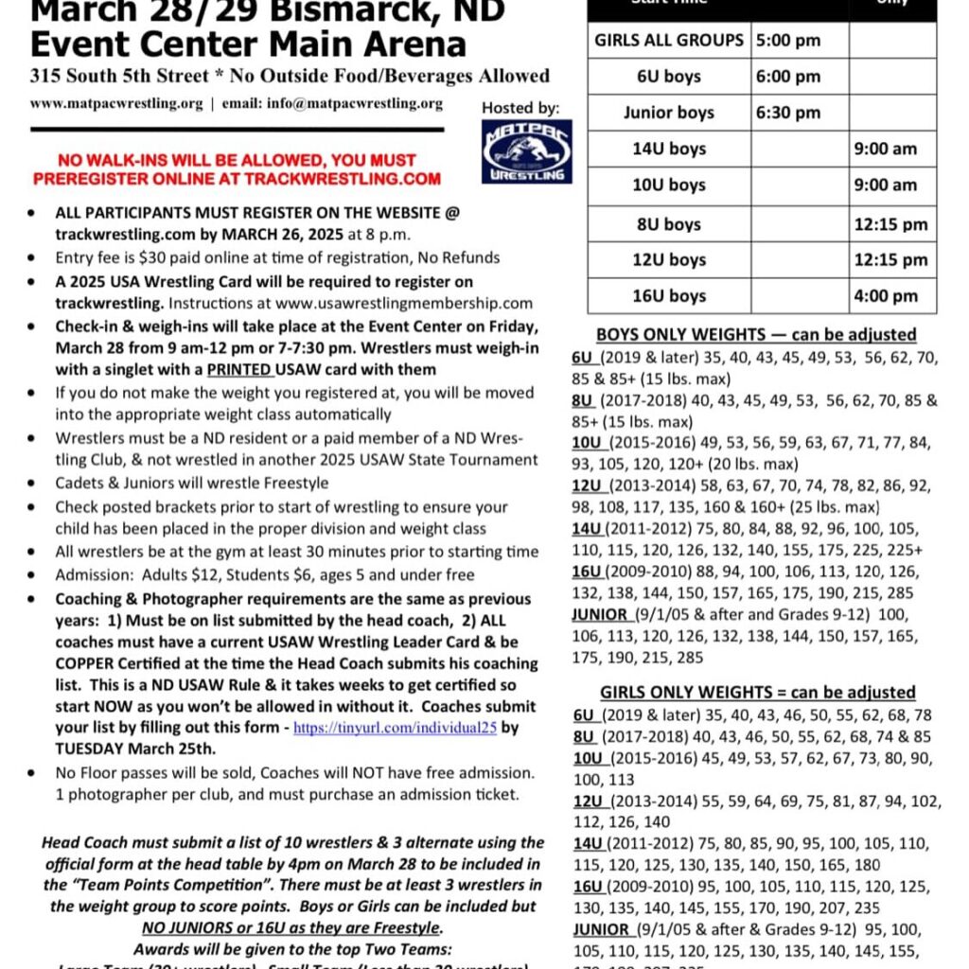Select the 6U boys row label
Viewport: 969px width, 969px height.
pos(669,77)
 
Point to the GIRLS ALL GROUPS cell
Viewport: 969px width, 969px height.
pos(669,41)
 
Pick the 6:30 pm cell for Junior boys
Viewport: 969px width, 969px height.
pos(787,113)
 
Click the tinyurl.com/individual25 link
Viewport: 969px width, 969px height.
pos(395,729)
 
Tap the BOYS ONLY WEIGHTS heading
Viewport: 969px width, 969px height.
pos(755,334)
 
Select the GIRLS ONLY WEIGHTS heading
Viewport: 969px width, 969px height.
pos(757,693)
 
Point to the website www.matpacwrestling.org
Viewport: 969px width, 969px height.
pos(116,104)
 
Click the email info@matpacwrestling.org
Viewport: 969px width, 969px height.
pos(332,104)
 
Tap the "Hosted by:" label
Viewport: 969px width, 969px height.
pos(520,108)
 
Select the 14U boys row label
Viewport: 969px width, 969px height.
pos(669,149)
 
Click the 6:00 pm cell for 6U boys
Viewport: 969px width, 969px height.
pos(787,77)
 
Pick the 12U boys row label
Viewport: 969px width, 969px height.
pos(669,259)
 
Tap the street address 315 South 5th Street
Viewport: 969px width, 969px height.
pos(114,76)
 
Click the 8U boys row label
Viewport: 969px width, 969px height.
pos(669,224)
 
